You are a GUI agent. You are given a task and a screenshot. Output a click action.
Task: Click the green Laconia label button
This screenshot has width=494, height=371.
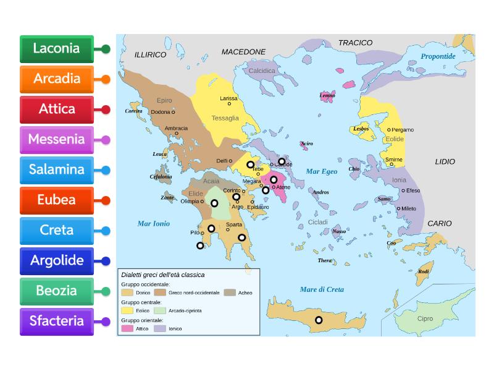56,48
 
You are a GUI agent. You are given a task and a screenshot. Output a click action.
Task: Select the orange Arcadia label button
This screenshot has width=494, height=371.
56,79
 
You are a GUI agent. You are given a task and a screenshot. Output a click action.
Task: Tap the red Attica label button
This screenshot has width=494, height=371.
56,109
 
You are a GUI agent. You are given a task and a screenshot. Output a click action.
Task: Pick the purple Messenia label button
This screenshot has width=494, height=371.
56,139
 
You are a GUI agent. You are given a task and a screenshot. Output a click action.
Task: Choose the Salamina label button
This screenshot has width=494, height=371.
56,169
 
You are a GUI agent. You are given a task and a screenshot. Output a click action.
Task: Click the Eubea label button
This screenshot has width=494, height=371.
56,200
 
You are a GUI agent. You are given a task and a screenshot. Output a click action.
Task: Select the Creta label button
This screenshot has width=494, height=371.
56,230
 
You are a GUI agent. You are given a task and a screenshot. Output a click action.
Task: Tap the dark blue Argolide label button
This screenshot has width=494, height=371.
56,260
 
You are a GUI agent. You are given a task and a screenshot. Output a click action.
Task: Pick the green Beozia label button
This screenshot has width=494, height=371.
56,291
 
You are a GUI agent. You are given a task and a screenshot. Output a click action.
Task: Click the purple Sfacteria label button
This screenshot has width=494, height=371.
56,321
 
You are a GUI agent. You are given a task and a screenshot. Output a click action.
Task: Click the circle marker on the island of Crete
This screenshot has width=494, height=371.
319,320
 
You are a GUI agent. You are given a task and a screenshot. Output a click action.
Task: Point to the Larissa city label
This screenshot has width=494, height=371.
228,98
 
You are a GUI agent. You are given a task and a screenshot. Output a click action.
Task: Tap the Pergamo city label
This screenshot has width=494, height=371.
403,130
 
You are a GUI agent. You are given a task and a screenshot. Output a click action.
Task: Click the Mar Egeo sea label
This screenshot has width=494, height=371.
322,171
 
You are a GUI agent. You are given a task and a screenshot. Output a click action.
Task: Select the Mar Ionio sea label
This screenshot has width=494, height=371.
153,223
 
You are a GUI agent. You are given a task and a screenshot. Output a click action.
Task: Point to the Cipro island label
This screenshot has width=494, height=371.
425,319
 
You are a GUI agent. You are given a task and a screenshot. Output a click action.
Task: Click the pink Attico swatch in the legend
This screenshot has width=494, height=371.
127,329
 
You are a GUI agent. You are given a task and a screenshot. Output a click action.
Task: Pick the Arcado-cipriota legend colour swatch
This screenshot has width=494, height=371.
161,310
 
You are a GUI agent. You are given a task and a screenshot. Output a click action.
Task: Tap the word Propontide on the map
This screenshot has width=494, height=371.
438,56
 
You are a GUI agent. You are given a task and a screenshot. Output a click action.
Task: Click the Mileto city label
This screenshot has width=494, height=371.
409,209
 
